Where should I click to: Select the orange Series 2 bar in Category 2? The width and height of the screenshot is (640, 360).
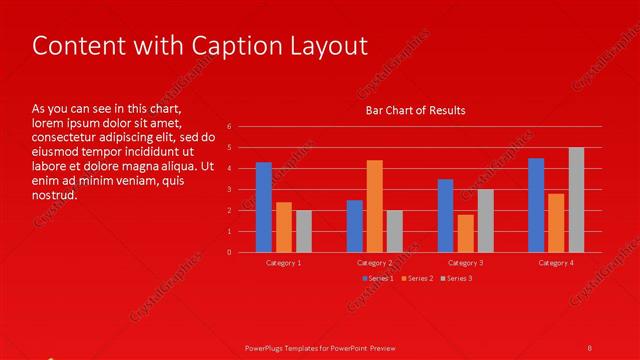coord(374,206)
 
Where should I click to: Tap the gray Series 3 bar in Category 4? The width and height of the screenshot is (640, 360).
coord(576,200)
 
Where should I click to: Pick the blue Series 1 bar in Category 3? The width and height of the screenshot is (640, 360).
coord(445,215)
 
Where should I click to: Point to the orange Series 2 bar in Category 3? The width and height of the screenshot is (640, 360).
coord(465,233)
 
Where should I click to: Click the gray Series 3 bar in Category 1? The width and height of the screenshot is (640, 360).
coord(304,231)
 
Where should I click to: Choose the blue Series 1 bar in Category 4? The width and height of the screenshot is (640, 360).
coord(536,205)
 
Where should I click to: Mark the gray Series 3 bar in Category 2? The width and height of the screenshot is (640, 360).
coord(394,231)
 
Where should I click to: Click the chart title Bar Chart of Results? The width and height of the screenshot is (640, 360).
coord(415,110)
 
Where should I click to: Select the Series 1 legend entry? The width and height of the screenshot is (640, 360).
coord(378,277)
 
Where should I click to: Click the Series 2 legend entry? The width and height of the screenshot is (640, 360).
coord(417,277)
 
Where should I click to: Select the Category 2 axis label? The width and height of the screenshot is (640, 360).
coord(374,262)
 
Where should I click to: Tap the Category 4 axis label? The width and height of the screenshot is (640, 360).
coord(556,262)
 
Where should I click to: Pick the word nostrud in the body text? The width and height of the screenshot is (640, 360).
coord(54,195)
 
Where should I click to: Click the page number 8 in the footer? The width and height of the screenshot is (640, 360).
coord(590,347)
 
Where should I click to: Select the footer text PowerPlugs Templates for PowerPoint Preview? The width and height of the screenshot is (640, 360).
coord(320,347)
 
